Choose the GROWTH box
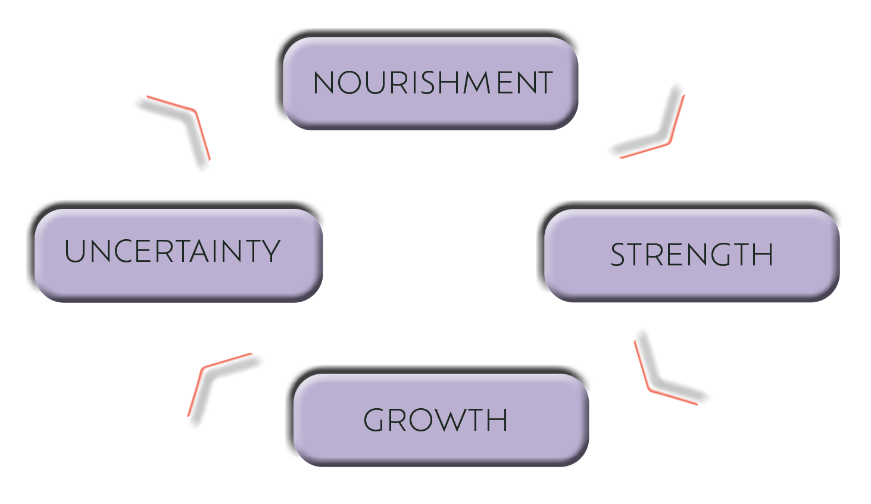pyautogui.click(x=441, y=420)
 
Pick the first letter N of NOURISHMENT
pyautogui.click(x=324, y=83)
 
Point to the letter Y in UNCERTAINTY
pyautogui.click(x=271, y=251)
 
